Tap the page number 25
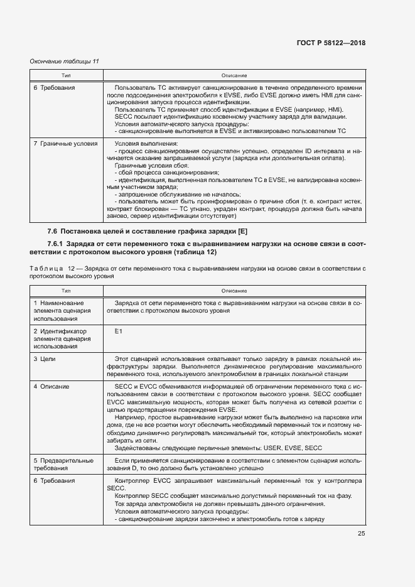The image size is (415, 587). point(361,534)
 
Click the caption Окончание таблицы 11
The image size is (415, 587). point(65,61)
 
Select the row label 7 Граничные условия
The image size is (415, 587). point(65,143)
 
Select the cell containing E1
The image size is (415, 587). point(119,331)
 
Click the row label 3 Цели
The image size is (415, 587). point(46,357)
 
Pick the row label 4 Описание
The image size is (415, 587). point(51,386)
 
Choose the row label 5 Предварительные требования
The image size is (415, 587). point(63,464)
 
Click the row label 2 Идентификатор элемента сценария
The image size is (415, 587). point(60,338)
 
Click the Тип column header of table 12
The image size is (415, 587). point(65,291)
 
